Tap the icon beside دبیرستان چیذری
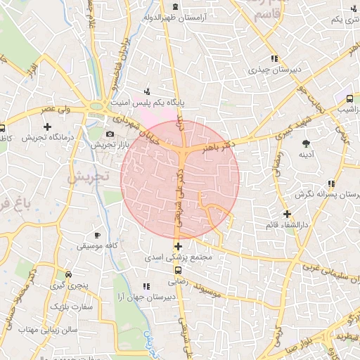click(x=274, y=58)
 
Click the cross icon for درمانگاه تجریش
click(x=47, y=127)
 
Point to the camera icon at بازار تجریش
click(x=110, y=134)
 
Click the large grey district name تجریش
click(x=87, y=176)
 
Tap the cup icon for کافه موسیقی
click(x=97, y=234)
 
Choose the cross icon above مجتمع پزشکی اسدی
click(x=179, y=246)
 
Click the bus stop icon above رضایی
click(x=176, y=269)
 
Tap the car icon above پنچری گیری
click(x=68, y=275)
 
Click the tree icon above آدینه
click(x=305, y=143)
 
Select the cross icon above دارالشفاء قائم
click(x=287, y=214)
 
